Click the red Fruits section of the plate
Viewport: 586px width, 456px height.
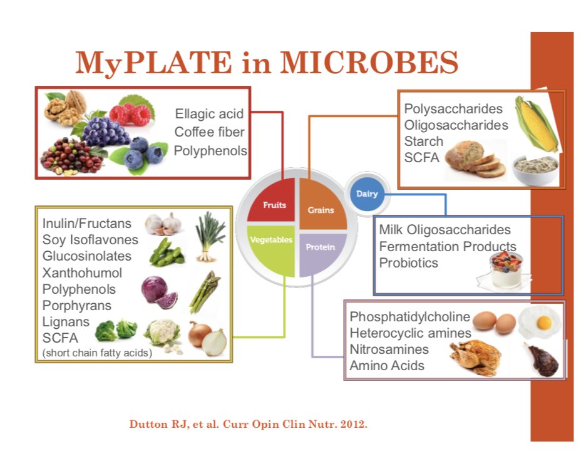point(272,203)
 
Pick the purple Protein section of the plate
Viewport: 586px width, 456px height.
point(321,251)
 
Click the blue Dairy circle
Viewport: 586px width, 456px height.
point(367,194)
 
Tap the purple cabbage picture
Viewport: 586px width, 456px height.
point(160,291)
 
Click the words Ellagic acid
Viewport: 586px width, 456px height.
point(209,114)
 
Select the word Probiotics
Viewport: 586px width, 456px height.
point(408,263)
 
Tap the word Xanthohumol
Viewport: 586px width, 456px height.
point(82,272)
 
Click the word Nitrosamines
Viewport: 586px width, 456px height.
point(389,349)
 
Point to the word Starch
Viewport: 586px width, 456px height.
point(423,142)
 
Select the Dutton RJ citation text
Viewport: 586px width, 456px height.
point(248,424)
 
